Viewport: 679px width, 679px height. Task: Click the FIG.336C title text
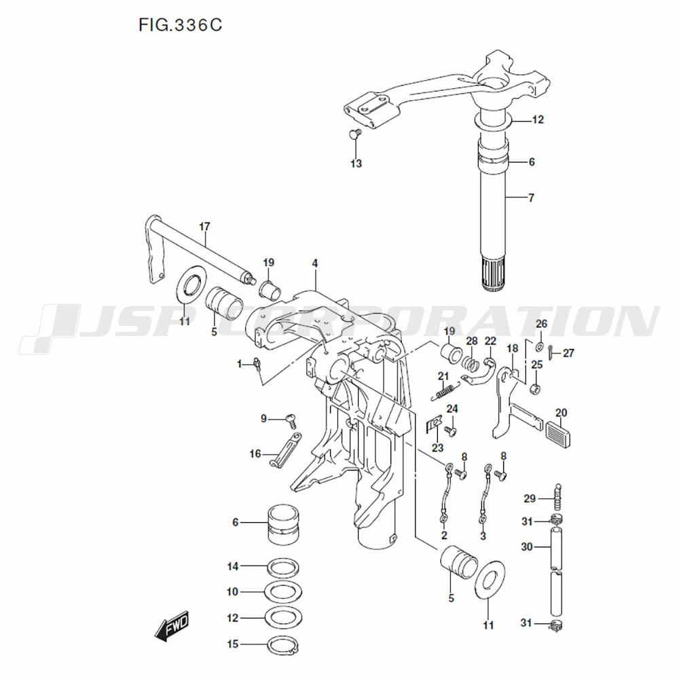pyautogui.click(x=180, y=26)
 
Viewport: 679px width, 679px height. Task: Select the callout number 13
pyautogui.click(x=356, y=164)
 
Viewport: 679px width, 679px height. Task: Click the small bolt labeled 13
pyautogui.click(x=353, y=134)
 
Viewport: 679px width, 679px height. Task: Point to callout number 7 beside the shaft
pyautogui.click(x=531, y=198)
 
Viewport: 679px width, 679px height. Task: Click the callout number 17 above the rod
pyautogui.click(x=204, y=225)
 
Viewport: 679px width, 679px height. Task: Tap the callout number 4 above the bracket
pyautogui.click(x=315, y=262)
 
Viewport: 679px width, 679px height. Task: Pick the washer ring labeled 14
pyautogui.click(x=280, y=567)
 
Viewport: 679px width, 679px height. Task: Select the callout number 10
pyautogui.click(x=233, y=592)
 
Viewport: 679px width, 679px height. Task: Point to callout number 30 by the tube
pyautogui.click(x=527, y=547)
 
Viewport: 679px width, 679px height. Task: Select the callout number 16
pyautogui.click(x=255, y=454)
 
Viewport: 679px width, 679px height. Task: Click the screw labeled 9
pyautogui.click(x=293, y=420)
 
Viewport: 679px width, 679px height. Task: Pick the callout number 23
pyautogui.click(x=438, y=447)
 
